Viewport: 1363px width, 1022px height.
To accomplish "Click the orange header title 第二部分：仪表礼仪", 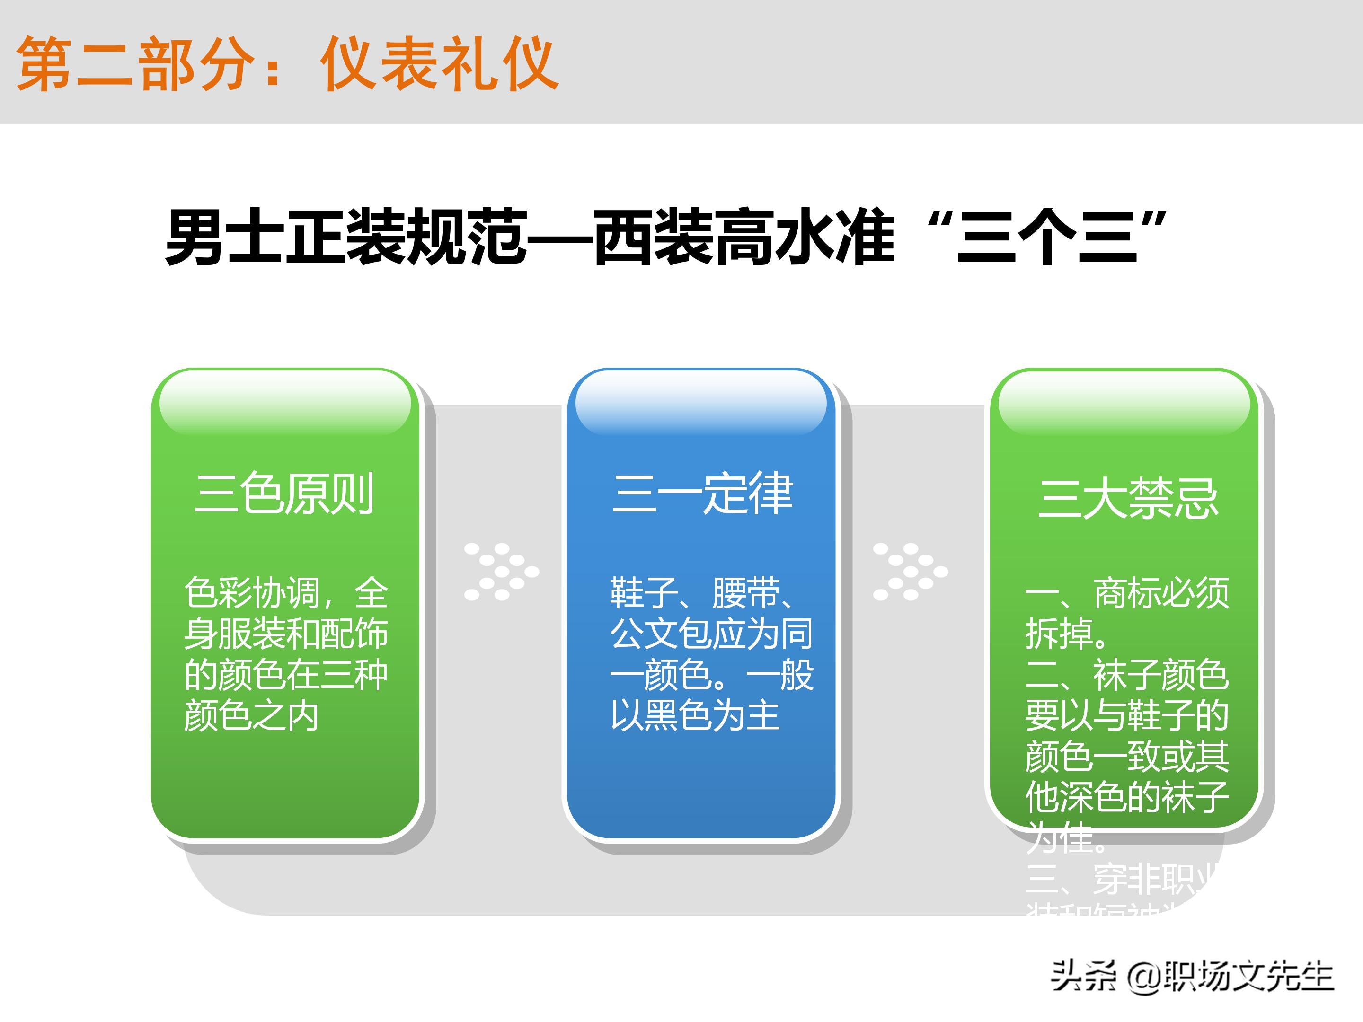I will coord(287,64).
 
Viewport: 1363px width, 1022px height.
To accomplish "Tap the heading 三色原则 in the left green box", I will coord(284,494).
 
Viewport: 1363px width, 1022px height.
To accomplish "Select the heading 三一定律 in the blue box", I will coord(702,494).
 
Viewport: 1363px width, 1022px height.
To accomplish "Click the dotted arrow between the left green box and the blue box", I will coord(501,572).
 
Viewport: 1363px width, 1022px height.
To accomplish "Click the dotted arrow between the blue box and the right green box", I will coord(910,572).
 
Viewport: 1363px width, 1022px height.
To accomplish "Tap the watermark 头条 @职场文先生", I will coord(1192,977).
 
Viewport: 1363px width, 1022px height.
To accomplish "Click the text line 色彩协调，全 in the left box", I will coord(286,593).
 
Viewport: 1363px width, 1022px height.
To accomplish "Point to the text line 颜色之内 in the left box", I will coord(251,716).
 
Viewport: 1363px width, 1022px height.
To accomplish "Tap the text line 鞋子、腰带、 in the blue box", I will coord(702,593).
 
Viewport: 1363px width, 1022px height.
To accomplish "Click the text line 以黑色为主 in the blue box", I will coord(695,716).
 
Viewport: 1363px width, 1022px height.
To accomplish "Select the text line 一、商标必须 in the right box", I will coord(1126,593).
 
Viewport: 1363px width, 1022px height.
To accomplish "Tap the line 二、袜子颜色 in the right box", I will coord(1126,675).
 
